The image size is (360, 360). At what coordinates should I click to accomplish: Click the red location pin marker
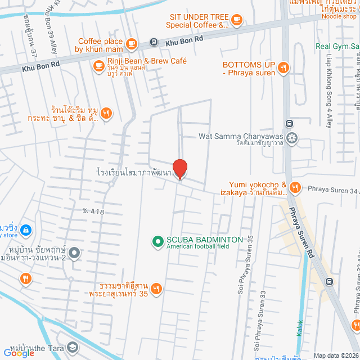[179, 169]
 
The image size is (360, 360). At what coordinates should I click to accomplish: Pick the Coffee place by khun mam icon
[132, 43]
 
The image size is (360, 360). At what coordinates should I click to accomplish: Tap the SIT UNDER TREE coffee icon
[237, 21]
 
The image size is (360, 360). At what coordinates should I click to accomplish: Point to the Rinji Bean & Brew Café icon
[99, 66]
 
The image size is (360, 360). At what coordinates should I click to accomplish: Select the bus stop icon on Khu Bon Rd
[153, 42]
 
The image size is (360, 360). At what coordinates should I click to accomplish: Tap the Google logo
[19, 353]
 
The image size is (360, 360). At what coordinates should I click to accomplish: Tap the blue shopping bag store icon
[25, 229]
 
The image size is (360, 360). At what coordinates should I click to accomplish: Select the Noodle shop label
[339, 16]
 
